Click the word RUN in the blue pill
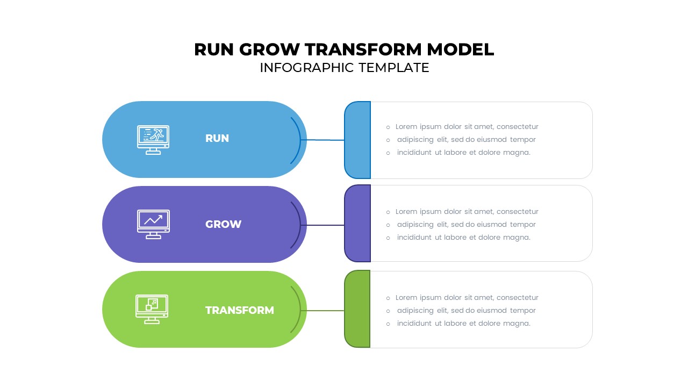217,138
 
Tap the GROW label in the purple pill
223,224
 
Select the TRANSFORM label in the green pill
239,310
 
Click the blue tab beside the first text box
357,140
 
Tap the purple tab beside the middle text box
357,224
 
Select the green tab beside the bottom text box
357,309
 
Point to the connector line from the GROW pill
325,225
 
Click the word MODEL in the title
460,49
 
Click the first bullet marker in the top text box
388,127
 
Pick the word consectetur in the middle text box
517,212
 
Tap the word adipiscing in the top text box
416,140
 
